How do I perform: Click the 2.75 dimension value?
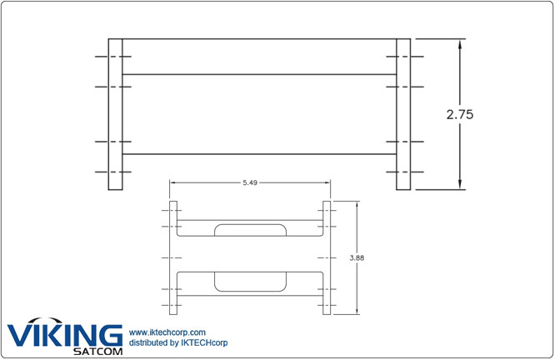[x=459, y=115]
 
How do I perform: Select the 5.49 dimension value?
[x=249, y=182]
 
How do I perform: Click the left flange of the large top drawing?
[x=116, y=114]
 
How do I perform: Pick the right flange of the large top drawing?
[x=403, y=114]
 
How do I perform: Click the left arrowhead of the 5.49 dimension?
[x=173, y=182]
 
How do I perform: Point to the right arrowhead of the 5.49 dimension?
[x=327, y=182]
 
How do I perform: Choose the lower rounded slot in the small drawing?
[x=249, y=281]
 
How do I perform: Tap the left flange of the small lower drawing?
[x=173, y=258]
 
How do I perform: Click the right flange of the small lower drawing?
[x=327, y=258]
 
